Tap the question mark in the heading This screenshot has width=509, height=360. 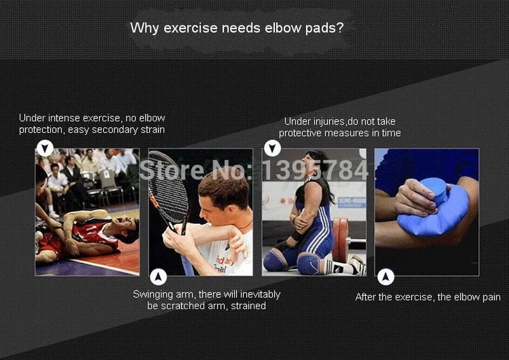coord(340,27)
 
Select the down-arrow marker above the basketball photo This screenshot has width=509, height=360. coord(45,148)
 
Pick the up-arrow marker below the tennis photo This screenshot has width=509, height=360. coord(158,277)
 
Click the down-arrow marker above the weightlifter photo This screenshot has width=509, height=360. coord(272,148)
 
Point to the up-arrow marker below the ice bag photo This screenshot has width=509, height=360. coord(386,277)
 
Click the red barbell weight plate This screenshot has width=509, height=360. coord(340,240)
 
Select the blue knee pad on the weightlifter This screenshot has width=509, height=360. coord(308,261)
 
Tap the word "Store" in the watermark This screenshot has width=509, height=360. coord(171,170)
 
